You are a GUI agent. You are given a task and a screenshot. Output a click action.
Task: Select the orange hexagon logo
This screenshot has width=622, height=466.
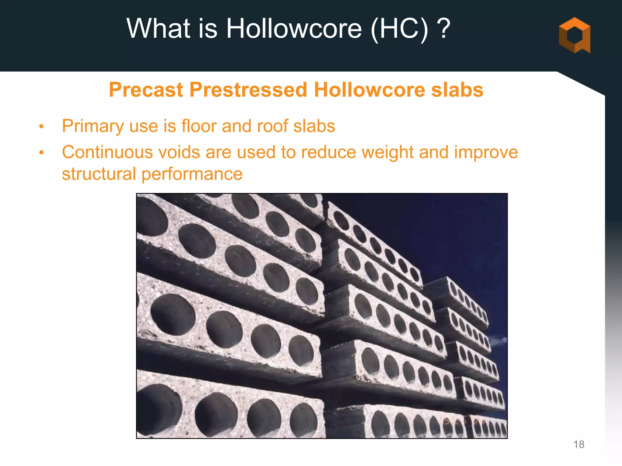[574, 35]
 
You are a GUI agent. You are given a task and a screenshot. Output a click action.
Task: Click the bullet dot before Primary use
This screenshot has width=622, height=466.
[42, 127]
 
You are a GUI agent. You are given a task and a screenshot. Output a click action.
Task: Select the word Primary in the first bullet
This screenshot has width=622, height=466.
[93, 126]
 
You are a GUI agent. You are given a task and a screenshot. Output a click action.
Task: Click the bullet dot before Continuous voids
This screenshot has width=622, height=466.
[42, 153]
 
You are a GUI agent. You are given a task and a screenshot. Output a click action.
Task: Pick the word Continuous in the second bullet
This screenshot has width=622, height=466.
[108, 152]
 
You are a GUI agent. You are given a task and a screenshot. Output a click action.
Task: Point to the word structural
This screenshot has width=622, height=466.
[99, 174]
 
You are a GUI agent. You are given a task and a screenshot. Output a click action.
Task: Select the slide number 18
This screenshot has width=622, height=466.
[579, 444]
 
